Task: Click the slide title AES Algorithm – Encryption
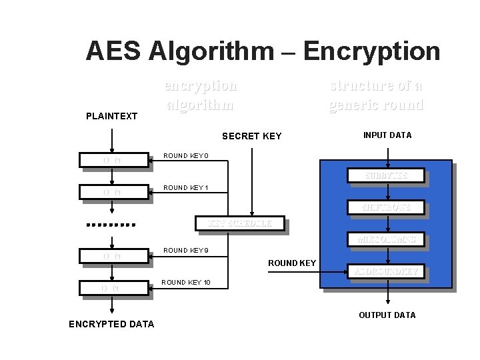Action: coord(263,51)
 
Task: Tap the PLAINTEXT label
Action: coord(111,116)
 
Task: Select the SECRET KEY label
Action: coord(251,136)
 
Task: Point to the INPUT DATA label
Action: coord(387,135)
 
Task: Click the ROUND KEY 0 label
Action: coord(186,156)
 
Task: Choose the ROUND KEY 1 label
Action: coord(186,188)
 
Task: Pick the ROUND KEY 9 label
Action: coord(186,251)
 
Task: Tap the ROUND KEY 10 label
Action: coord(186,283)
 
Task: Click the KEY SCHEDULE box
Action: coord(240,223)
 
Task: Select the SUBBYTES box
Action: coord(386,175)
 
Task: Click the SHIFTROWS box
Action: coord(386,207)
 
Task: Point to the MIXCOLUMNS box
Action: coord(386,239)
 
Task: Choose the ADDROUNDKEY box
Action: coord(386,271)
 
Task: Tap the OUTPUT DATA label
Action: coord(387,315)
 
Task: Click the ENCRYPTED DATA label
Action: coord(111,324)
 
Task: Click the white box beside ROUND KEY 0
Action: coord(113,160)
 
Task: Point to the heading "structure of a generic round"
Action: coord(376,95)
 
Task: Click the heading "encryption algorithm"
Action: coord(200,95)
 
